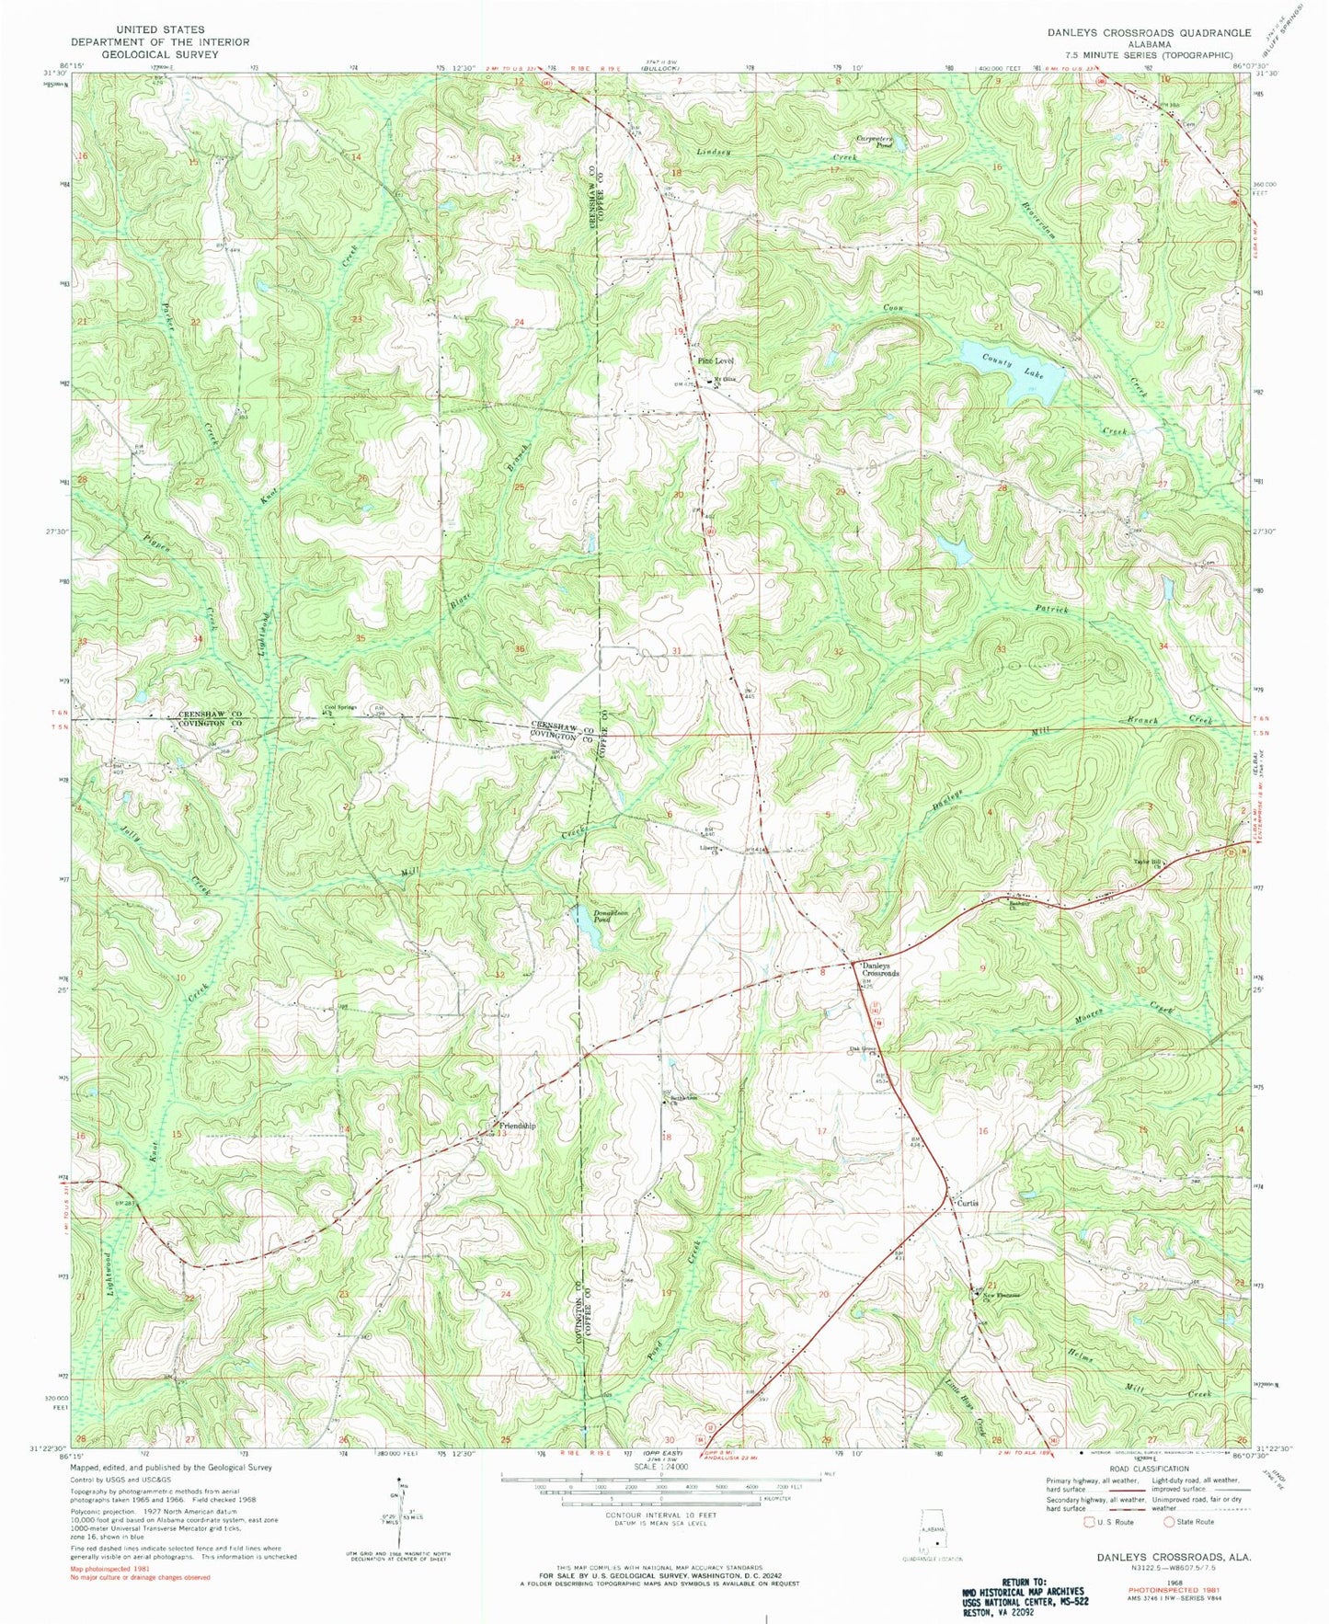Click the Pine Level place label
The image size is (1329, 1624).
[715, 360]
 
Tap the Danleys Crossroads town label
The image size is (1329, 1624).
[880, 968]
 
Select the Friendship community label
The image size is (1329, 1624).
[516, 1126]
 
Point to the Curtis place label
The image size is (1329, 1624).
[967, 1203]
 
